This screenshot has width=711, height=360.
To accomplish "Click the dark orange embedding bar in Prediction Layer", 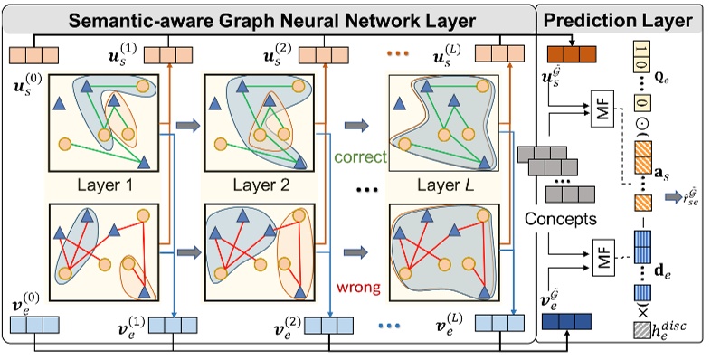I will pos(572,53).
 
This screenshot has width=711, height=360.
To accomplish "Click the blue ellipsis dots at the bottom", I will pos(394,324).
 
